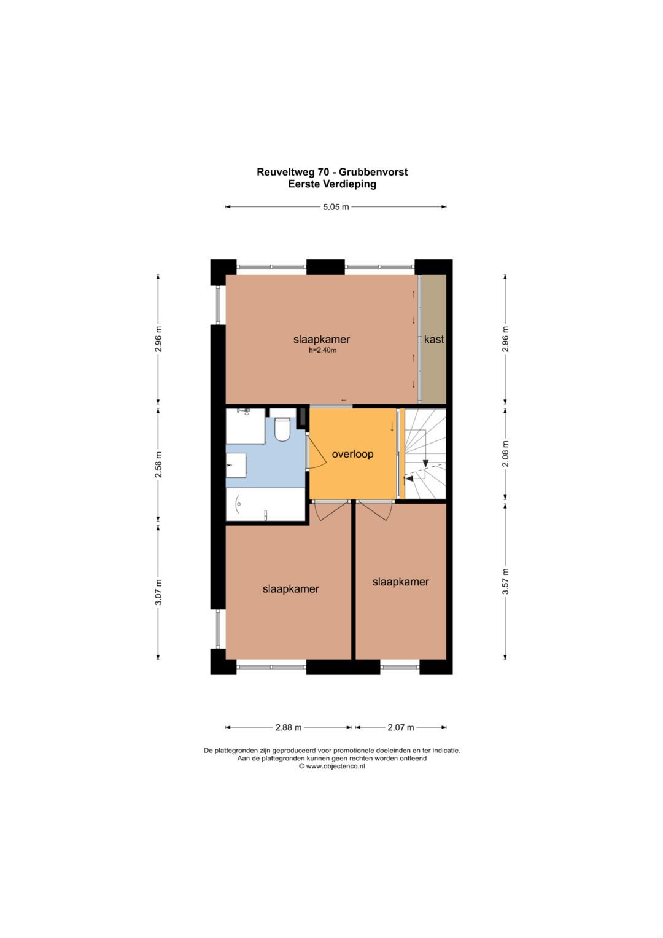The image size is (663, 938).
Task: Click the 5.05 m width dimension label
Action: (336, 207)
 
